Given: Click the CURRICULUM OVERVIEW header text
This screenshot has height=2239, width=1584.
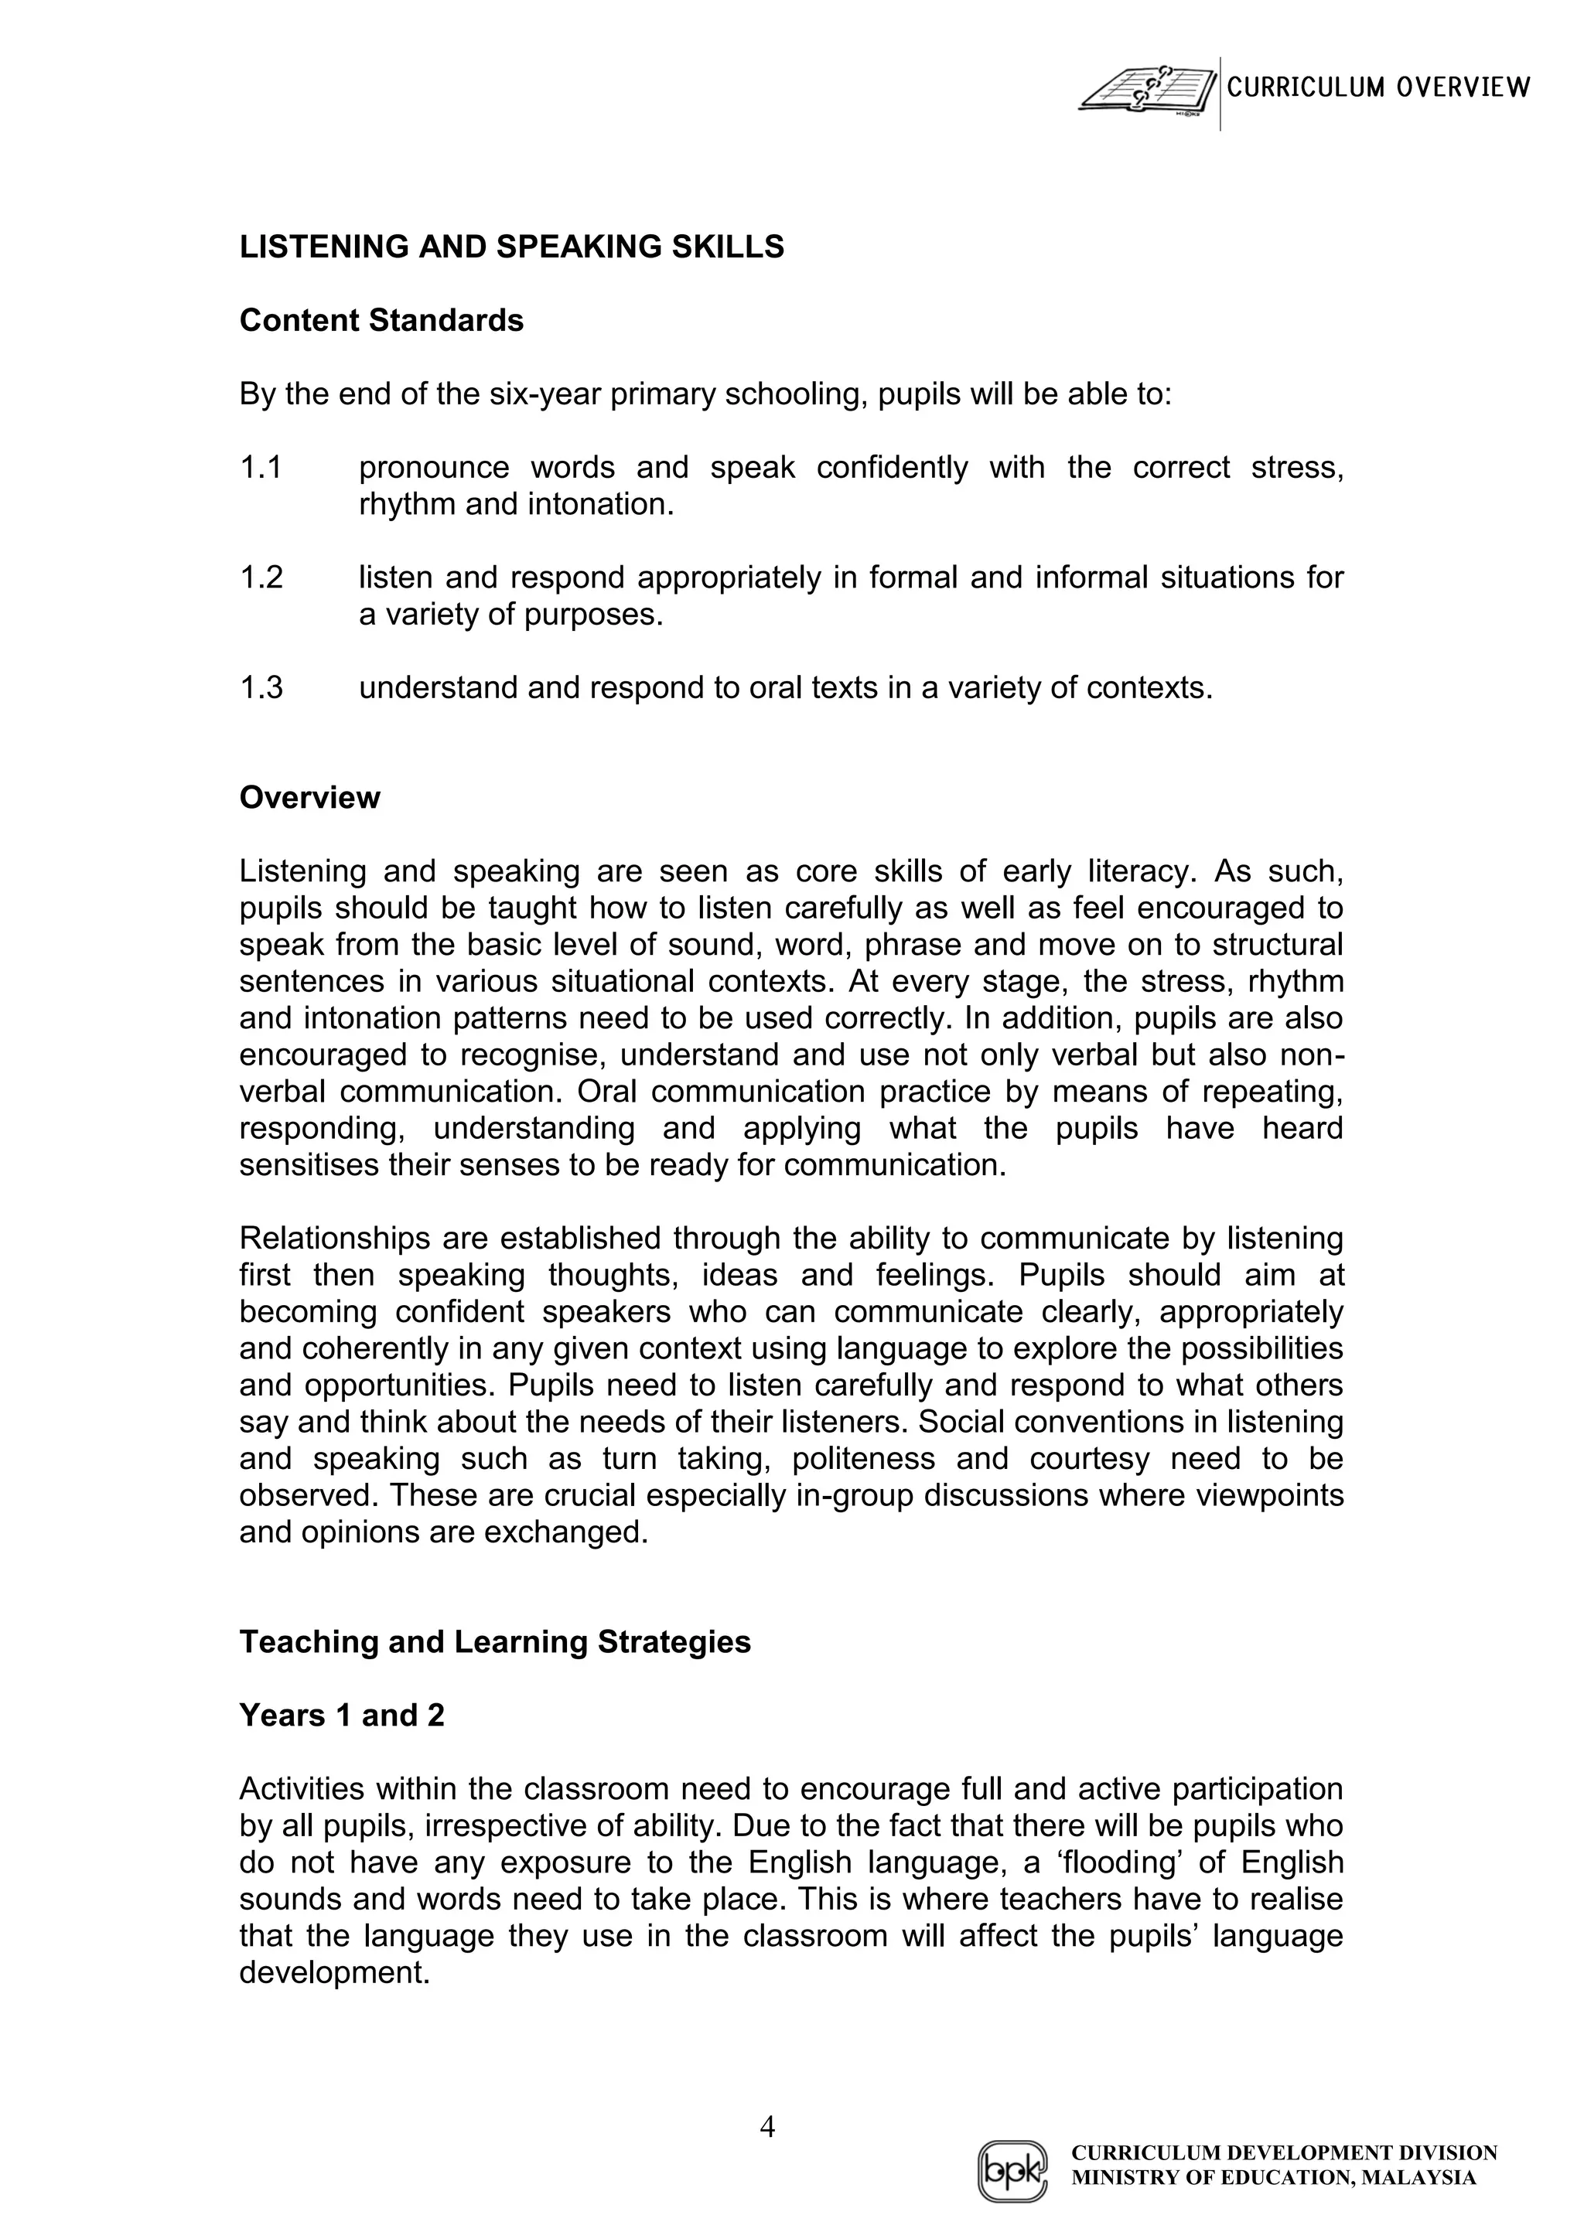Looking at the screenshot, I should click(1378, 88).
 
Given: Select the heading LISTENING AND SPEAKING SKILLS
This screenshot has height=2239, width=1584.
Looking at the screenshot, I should click(512, 247).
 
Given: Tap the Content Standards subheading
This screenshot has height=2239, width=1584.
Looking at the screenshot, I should click(381, 321).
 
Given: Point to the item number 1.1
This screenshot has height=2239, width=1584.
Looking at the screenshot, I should click(261, 468).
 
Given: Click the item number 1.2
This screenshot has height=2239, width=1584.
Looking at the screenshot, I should click(261, 578).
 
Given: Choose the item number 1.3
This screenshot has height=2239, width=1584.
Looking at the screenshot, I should click(261, 688).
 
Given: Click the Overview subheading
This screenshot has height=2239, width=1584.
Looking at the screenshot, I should click(309, 798).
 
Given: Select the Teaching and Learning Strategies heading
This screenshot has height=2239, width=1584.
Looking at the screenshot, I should click(494, 1642).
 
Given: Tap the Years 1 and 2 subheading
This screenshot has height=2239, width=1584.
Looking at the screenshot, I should click(341, 1716).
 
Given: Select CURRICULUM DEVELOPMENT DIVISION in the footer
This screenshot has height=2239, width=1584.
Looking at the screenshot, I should click(1284, 2152).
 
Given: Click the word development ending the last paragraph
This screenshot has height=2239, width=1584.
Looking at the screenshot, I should click(333, 1974).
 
